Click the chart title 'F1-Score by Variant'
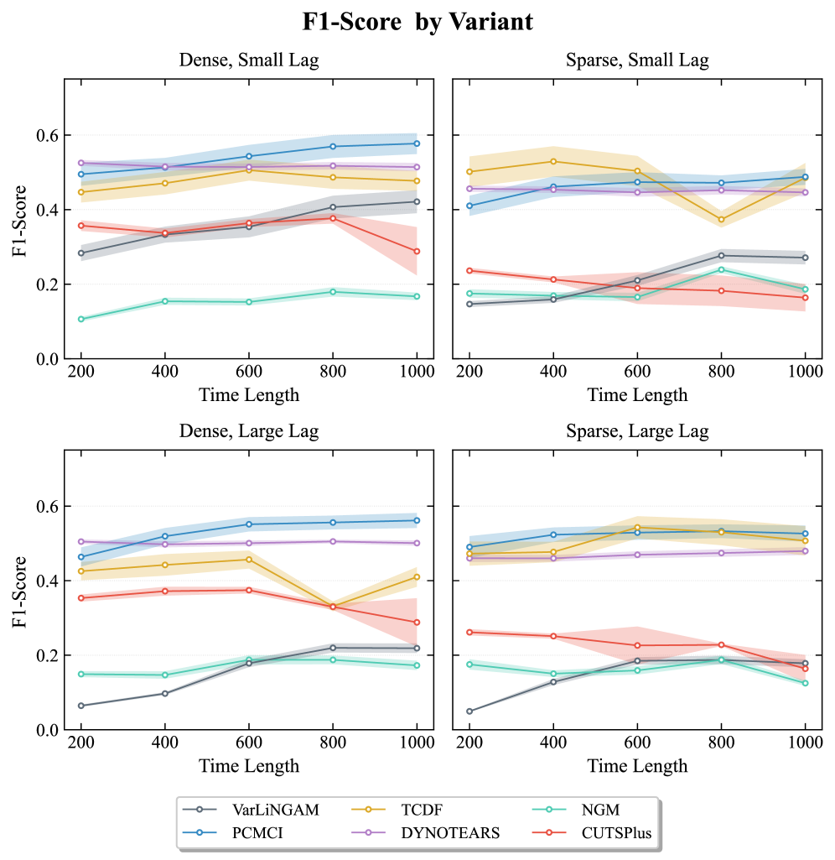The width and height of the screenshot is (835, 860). tap(417, 23)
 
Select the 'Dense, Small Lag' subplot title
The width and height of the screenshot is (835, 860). tap(249, 60)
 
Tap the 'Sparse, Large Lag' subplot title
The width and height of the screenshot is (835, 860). tap(637, 431)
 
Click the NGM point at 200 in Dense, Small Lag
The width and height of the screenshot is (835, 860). tap(81, 319)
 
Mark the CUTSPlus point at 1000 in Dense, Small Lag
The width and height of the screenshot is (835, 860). tap(417, 251)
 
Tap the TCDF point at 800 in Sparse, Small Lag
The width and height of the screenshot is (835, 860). tap(721, 220)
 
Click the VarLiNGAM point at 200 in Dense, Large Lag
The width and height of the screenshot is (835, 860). tap(81, 706)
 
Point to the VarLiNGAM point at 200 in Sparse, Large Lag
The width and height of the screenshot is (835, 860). tap(469, 711)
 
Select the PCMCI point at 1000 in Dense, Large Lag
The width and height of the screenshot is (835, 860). tap(417, 520)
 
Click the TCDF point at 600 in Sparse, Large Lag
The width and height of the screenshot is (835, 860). tap(637, 528)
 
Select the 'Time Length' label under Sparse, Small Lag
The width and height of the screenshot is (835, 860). tap(637, 394)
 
